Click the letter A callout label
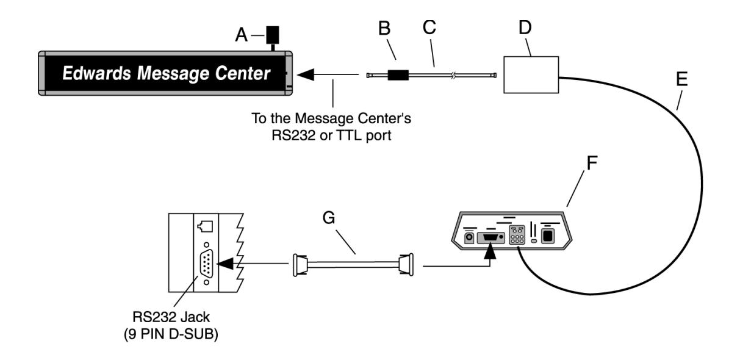241,35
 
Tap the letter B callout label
384,28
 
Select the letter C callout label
429,27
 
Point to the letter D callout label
525,27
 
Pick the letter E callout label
682,79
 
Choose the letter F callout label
592,163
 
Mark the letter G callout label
329,218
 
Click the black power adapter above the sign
273,35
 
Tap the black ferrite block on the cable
398,75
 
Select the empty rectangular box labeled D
531,74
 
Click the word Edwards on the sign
96,73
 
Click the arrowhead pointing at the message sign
305,74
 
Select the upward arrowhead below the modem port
490,251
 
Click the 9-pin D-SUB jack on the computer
206,264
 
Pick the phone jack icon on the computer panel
205,226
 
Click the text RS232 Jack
171,317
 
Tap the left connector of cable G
300,265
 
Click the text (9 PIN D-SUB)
171,334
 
